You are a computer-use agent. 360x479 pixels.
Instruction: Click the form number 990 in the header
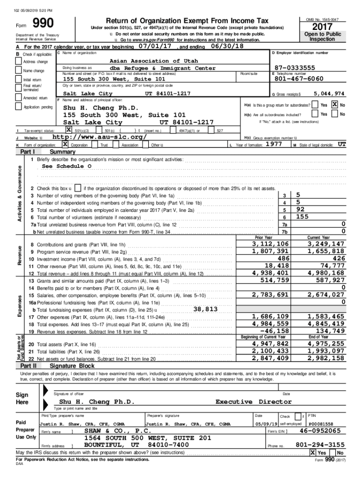tap(43, 24)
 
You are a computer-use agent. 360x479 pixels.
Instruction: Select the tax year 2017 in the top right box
tap(322, 26)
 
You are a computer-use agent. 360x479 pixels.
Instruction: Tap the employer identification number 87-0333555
tap(295, 67)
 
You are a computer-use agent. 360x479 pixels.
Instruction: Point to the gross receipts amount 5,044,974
tap(329, 93)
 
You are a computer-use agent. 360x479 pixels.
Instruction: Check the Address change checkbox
tap(19, 62)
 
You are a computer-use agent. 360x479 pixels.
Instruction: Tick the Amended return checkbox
tap(19, 98)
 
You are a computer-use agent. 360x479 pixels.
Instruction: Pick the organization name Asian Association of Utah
tap(153, 61)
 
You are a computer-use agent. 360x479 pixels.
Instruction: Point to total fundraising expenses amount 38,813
tap(205, 309)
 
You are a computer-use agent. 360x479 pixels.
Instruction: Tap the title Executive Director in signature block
tap(253, 401)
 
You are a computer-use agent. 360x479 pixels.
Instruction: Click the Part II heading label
tap(29, 366)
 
